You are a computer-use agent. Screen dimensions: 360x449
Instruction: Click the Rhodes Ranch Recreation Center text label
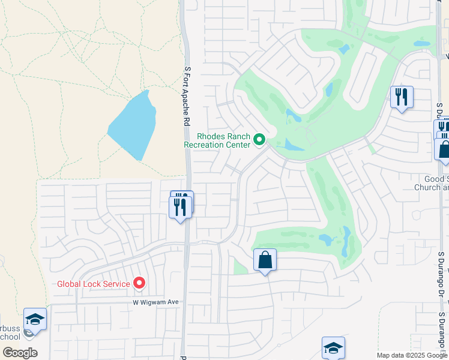(x=217, y=140)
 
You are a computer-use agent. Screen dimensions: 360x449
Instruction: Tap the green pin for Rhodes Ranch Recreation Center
(x=259, y=140)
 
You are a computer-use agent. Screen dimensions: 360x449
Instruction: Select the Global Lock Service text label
(x=94, y=284)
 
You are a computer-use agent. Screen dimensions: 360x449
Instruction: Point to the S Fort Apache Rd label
(x=187, y=96)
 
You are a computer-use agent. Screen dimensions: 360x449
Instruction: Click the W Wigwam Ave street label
(x=156, y=302)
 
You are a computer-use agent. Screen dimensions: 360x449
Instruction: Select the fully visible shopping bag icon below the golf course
(x=265, y=260)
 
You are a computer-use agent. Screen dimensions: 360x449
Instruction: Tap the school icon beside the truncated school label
(x=35, y=320)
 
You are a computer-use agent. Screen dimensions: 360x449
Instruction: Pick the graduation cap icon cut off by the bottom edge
(x=333, y=348)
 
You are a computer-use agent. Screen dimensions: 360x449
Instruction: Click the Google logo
(x=19, y=352)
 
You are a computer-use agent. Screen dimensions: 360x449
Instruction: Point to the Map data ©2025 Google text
(x=411, y=355)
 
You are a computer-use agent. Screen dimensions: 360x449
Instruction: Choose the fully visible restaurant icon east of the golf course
(x=401, y=97)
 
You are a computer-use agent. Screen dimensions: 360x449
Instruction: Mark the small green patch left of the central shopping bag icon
(x=240, y=268)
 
